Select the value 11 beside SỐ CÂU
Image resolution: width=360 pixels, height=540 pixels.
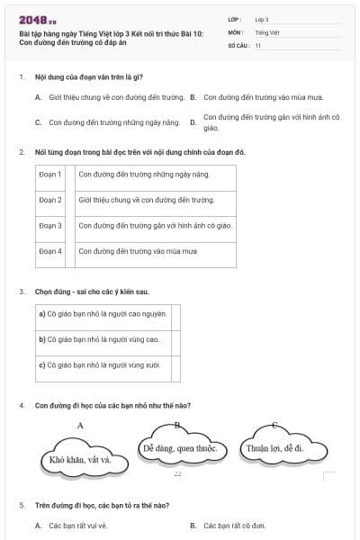(258, 43)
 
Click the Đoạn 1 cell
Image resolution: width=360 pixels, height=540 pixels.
(50, 174)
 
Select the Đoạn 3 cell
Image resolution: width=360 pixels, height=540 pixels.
(50, 225)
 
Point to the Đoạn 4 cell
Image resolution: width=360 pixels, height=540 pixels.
(50, 251)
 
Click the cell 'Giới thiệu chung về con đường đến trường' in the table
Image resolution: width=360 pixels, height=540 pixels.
(147, 200)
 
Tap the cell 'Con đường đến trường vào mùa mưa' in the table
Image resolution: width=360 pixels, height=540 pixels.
(138, 251)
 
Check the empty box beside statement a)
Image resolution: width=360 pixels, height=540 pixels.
(175, 314)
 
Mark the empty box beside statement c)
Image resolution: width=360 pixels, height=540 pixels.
(175, 365)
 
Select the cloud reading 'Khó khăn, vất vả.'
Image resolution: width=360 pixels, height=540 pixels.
(81, 460)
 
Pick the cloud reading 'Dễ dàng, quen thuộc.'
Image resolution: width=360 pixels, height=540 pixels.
(180, 447)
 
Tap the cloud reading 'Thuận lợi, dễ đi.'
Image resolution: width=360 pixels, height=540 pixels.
(274, 447)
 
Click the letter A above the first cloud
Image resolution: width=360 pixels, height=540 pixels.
(81, 425)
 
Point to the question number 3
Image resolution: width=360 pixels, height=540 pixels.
(21, 292)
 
